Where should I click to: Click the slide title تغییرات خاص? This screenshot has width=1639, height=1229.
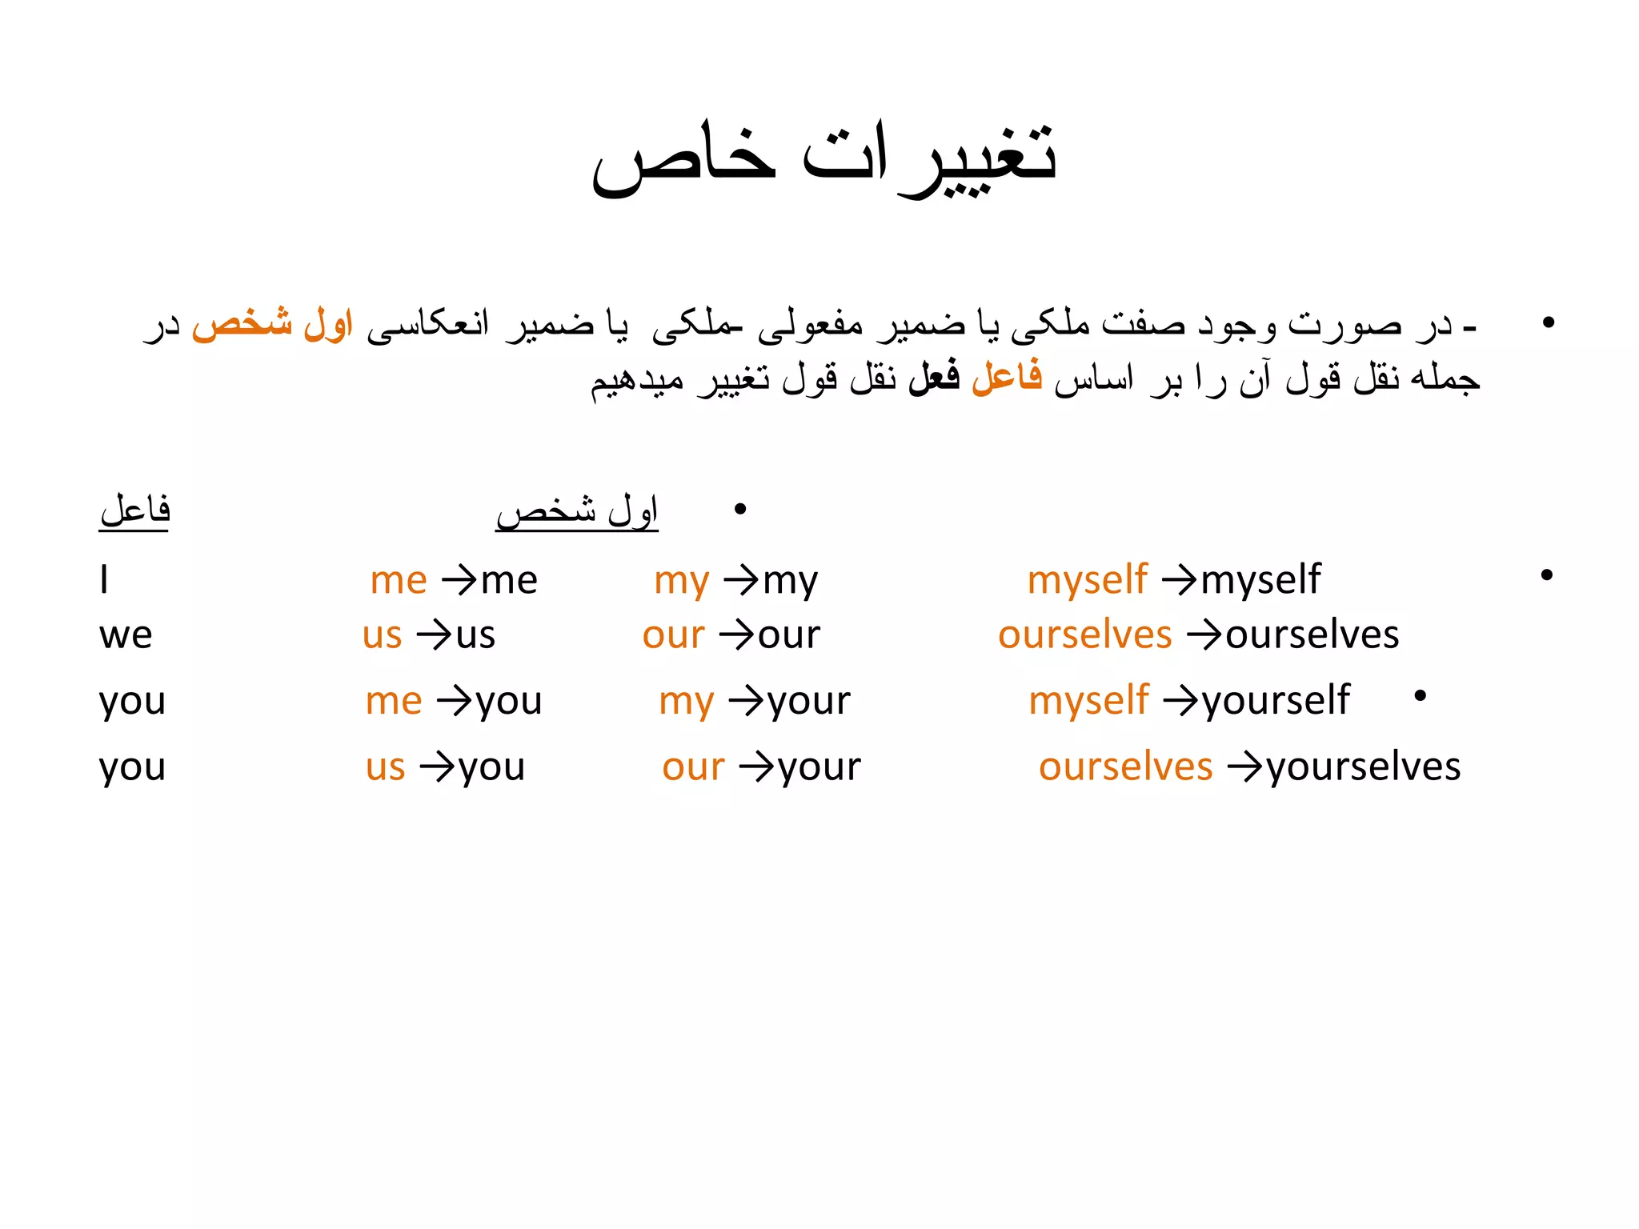(x=824, y=156)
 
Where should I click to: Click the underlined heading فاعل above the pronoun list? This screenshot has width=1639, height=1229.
(x=134, y=510)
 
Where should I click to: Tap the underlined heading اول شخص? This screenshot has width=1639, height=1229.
(x=577, y=510)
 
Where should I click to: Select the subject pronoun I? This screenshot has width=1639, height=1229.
(x=104, y=579)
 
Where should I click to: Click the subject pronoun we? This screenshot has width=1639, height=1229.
(x=126, y=635)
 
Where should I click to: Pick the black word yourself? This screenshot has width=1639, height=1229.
(x=1276, y=701)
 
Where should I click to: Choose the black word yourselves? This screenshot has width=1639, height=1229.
(x=1364, y=767)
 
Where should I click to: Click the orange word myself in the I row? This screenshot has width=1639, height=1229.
(x=1088, y=579)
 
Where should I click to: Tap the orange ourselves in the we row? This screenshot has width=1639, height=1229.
(x=1085, y=635)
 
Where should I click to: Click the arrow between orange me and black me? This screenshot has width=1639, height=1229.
(x=459, y=580)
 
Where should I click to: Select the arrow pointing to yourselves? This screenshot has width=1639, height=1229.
(x=1244, y=767)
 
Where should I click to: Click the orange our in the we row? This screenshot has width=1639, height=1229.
(x=674, y=635)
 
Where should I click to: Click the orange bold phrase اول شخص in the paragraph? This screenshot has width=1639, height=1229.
(x=273, y=324)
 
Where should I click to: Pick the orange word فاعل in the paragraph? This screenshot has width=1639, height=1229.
(x=1007, y=376)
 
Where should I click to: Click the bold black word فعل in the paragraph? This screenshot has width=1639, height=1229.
(x=934, y=376)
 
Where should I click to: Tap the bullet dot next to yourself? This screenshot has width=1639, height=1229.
(x=1421, y=696)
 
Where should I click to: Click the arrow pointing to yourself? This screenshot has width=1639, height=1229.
(x=1180, y=702)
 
